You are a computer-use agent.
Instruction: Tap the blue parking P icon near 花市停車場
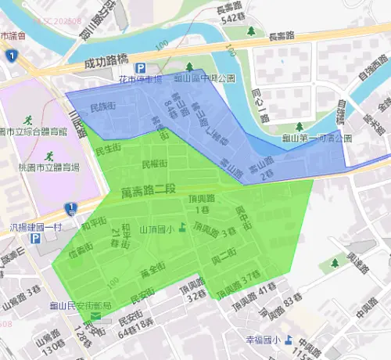pos(141,69)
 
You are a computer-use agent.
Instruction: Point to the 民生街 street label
pos(107,147)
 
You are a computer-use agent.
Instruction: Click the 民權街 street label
pos(154,164)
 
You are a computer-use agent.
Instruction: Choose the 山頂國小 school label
pos(156,229)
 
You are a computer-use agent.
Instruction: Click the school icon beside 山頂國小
pos(182,229)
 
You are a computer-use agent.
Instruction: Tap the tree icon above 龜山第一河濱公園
pos(300,126)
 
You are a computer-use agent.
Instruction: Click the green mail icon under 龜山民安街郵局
pos(95,317)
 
